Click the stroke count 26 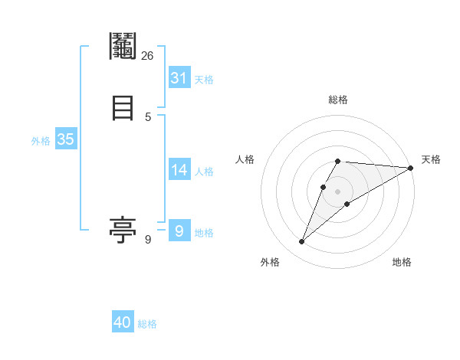click(147, 55)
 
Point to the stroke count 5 click(148, 116)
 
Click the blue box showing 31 click(179, 78)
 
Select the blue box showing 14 click(179, 170)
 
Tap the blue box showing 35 click(65, 139)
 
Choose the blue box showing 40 click(123, 322)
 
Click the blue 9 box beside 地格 click(179, 230)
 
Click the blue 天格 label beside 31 click(204, 80)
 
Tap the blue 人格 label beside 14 click(204, 172)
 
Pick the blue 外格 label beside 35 click(41, 141)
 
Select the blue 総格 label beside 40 click(147, 324)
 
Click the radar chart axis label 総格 click(337, 100)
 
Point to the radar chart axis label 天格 click(431, 159)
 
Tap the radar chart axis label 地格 click(402, 262)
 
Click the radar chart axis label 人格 click(245, 159)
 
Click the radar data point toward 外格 click(302, 242)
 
